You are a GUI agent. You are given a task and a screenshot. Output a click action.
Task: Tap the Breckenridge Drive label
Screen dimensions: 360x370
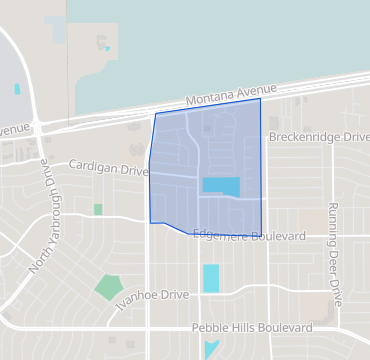[315, 136]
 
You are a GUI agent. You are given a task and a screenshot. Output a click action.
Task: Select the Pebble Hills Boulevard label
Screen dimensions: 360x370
[250, 328]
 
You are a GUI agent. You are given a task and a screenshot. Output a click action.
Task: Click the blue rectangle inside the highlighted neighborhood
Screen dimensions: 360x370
[221, 186]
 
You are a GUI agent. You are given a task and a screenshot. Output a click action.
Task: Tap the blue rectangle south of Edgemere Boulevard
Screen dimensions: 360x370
[211, 278]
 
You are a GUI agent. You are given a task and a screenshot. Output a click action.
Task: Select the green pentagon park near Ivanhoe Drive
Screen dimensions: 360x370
[108, 288]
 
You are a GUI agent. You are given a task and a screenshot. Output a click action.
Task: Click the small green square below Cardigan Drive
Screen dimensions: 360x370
[98, 210]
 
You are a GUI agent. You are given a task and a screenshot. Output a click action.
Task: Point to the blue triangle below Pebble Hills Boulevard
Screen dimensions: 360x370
[210, 349]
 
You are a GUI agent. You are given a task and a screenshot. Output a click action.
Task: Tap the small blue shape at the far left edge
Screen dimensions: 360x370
[17, 89]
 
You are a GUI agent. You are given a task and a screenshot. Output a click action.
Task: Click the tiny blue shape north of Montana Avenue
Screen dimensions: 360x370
[106, 47]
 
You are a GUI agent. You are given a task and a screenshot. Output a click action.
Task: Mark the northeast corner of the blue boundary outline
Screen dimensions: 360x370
[260, 99]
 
